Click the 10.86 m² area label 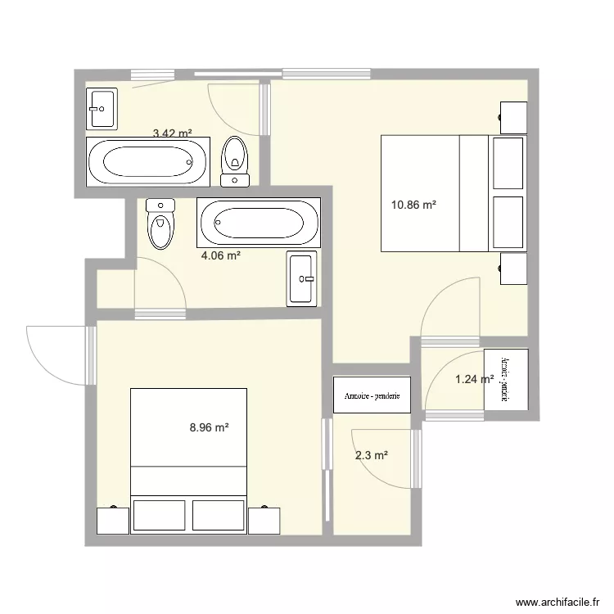click(x=413, y=205)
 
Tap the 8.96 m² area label click(x=209, y=427)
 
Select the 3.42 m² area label click(x=173, y=133)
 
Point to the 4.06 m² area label click(x=221, y=255)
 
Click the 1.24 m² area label click(x=473, y=378)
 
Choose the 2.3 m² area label click(x=371, y=456)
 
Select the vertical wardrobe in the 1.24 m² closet click(x=506, y=381)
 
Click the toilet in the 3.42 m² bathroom click(x=236, y=161)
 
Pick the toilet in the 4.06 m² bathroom click(x=160, y=223)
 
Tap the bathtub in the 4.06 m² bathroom click(x=258, y=223)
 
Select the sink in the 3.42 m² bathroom click(x=102, y=108)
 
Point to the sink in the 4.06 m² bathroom click(x=301, y=279)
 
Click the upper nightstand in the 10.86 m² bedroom click(x=513, y=117)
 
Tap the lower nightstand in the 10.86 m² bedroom click(x=513, y=268)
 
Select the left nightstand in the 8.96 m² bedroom click(x=113, y=520)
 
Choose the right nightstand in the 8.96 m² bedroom click(x=264, y=520)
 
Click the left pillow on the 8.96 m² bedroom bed click(x=159, y=515)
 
